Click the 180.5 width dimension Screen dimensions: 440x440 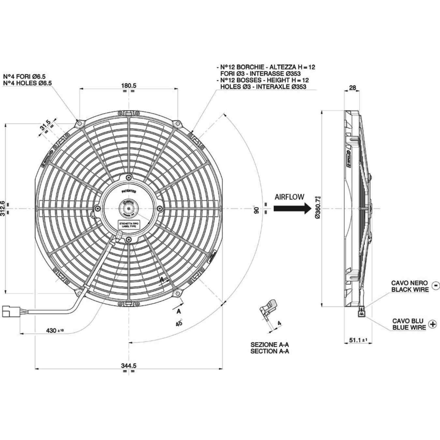(x=128, y=85)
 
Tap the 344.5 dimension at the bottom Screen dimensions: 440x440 (x=128, y=366)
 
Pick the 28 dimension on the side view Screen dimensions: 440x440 (x=352, y=87)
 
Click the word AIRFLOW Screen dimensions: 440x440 (x=289, y=197)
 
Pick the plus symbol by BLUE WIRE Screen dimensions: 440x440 (x=433, y=324)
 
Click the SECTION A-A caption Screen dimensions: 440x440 (x=270, y=351)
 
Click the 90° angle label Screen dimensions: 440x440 (x=256, y=209)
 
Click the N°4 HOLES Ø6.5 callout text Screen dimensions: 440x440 (x=27, y=83)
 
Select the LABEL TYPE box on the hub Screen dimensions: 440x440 (x=129, y=224)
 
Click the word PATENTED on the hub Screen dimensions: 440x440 (x=129, y=192)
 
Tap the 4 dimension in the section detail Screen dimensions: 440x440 (x=279, y=323)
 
